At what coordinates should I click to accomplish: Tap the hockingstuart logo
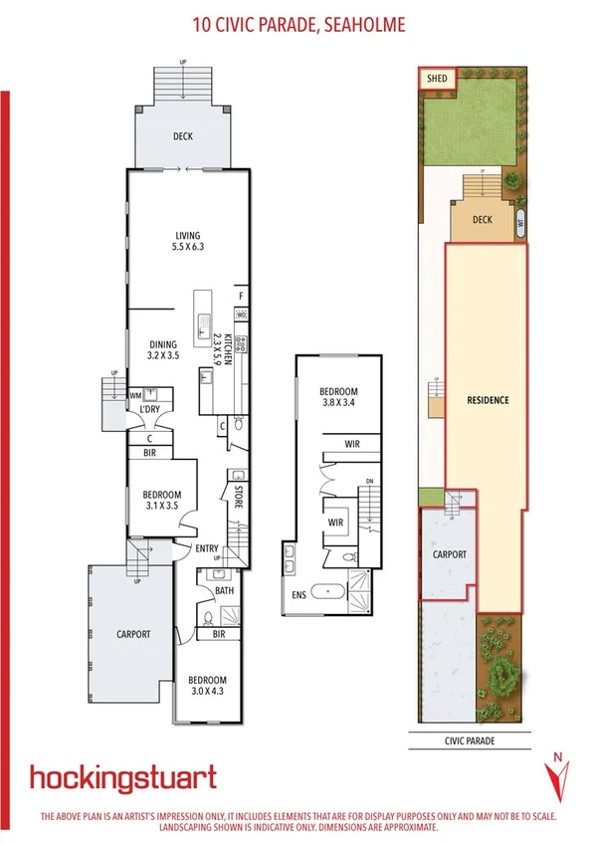[x=123, y=778]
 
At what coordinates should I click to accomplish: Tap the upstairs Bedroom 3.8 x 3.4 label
[x=338, y=397]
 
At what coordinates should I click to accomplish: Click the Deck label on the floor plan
[x=182, y=137]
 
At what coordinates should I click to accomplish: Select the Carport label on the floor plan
[x=132, y=634]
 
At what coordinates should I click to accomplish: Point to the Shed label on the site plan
[x=436, y=78]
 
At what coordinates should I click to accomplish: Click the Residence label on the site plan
[x=489, y=400]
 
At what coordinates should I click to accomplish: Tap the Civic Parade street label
[x=470, y=740]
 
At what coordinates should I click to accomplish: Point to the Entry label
[x=208, y=548]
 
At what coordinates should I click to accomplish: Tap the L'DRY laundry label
[x=150, y=409]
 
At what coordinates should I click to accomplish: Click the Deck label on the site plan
[x=482, y=221]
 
